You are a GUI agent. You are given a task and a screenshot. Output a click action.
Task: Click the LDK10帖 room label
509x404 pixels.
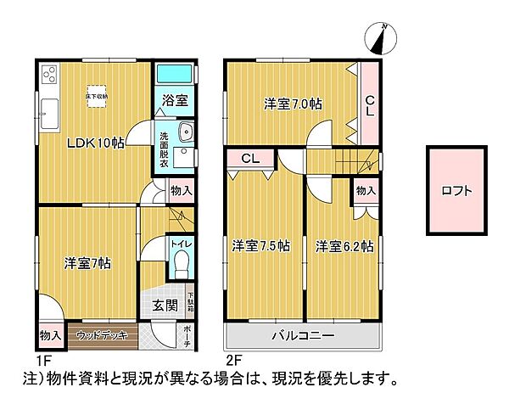(96, 143)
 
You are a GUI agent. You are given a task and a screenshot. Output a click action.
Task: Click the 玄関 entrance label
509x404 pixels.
(165, 306)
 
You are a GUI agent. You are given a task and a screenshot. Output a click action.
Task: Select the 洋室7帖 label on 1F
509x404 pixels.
(87, 262)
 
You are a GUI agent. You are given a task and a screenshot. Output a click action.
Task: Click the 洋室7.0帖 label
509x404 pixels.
(292, 104)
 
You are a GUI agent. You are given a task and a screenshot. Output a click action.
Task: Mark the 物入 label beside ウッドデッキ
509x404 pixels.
(49, 335)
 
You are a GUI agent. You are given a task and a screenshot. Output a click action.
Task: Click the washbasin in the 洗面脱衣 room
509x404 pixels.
(187, 132)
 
